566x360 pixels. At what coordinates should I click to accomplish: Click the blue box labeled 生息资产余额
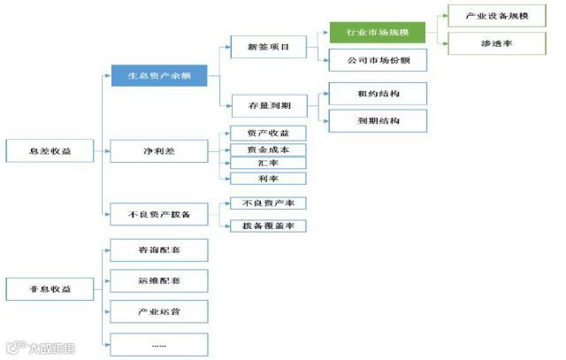pyautogui.click(x=159, y=77)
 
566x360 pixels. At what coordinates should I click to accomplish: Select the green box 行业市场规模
pyautogui.click(x=378, y=34)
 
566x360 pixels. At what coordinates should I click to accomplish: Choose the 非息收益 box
pyautogui.click(x=50, y=289)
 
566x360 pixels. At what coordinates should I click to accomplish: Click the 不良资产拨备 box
pyautogui.click(x=159, y=215)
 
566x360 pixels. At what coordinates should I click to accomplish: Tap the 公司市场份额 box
pyautogui.click(x=378, y=60)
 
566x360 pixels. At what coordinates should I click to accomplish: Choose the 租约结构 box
pyautogui.click(x=378, y=94)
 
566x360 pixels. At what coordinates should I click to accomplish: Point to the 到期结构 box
pyautogui.click(x=378, y=120)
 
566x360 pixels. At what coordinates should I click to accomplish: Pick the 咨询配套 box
pyautogui.click(x=159, y=250)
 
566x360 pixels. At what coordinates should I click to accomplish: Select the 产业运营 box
pyautogui.click(x=159, y=311)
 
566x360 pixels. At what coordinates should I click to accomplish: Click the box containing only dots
pyautogui.click(x=159, y=344)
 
